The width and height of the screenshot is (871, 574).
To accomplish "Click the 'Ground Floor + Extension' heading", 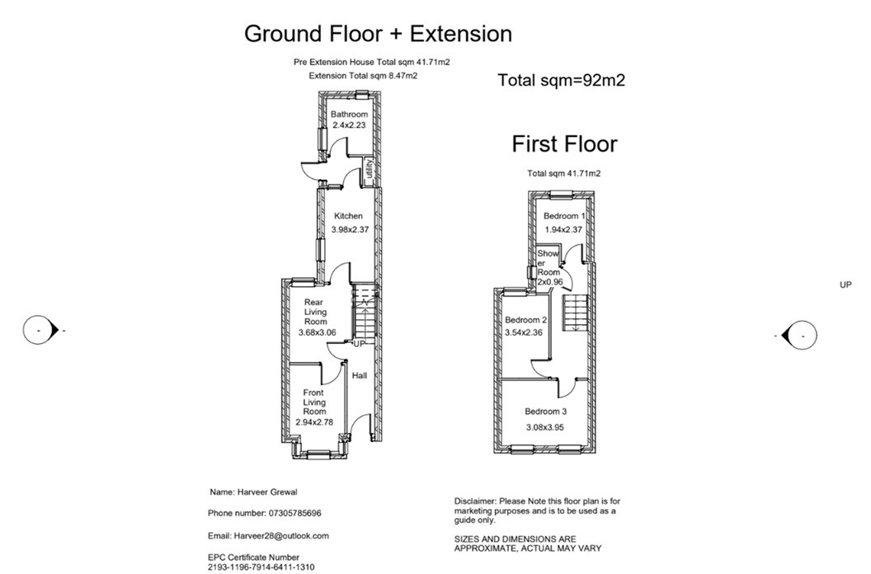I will pyautogui.click(x=378, y=34).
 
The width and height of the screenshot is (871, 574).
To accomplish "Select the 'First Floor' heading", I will pyautogui.click(x=564, y=144).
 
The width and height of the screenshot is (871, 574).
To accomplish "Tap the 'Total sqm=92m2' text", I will pyautogui.click(x=565, y=81).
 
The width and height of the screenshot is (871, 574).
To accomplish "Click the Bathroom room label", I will pyautogui.click(x=349, y=115).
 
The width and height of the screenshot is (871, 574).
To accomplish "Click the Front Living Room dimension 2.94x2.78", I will pyautogui.click(x=314, y=422).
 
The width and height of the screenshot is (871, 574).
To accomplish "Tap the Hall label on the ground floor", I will pyautogui.click(x=360, y=376).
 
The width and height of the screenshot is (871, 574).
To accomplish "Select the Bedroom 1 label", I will pyautogui.click(x=563, y=216).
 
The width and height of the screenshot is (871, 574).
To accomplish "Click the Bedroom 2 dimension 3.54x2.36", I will pyautogui.click(x=525, y=333).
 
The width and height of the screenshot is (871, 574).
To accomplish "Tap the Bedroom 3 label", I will pyautogui.click(x=545, y=411).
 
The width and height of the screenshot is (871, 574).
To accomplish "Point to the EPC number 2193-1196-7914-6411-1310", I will pyautogui.click(x=261, y=567).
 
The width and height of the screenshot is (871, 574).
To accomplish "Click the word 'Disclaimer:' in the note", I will pyautogui.click(x=474, y=501).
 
